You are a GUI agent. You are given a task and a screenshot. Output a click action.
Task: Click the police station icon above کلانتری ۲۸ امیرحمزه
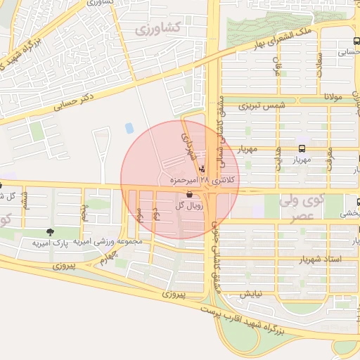tap(203, 169)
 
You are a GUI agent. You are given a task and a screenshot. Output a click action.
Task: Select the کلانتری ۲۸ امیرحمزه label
tap(205, 181)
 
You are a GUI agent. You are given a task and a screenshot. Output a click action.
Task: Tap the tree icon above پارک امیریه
tap(50, 232)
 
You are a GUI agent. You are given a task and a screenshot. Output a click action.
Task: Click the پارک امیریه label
tap(51, 243)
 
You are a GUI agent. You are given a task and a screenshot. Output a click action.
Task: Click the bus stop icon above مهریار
tap(302, 148)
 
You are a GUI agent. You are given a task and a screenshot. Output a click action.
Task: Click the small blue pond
tap(129, 129)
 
